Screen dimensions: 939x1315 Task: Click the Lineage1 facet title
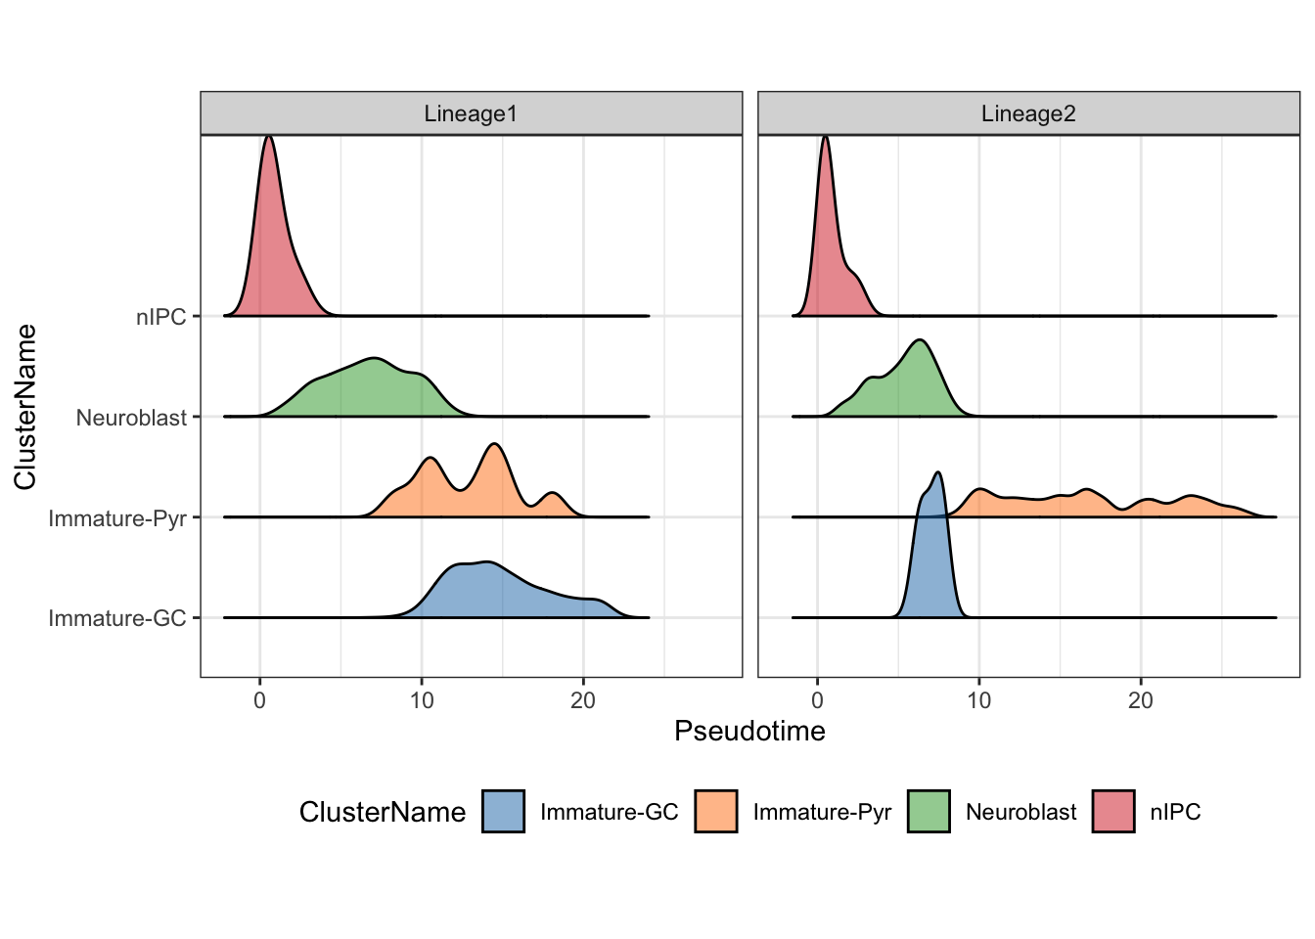tap(471, 113)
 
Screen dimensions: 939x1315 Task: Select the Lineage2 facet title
tap(1028, 113)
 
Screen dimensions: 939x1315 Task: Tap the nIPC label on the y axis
tap(161, 317)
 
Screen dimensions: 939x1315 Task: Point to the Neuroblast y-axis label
tap(131, 418)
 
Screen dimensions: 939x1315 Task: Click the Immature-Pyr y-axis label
tap(117, 517)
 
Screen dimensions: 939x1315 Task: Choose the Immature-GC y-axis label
tap(117, 618)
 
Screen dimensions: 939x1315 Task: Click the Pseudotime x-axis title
tap(749, 731)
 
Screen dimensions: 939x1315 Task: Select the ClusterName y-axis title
tap(25, 406)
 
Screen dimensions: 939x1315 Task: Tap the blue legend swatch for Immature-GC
tap(503, 811)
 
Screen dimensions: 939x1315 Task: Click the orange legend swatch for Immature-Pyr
tap(715, 811)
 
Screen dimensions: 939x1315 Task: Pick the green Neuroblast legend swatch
tap(929, 811)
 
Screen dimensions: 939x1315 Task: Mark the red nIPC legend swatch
tap(1113, 811)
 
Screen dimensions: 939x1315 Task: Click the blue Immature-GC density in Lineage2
tap(930, 567)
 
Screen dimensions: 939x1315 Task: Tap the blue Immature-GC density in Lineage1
tap(489, 592)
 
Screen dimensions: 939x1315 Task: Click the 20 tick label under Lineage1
tap(583, 700)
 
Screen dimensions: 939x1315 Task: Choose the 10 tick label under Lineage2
tap(978, 700)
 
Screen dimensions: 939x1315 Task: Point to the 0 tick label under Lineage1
tap(260, 700)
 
